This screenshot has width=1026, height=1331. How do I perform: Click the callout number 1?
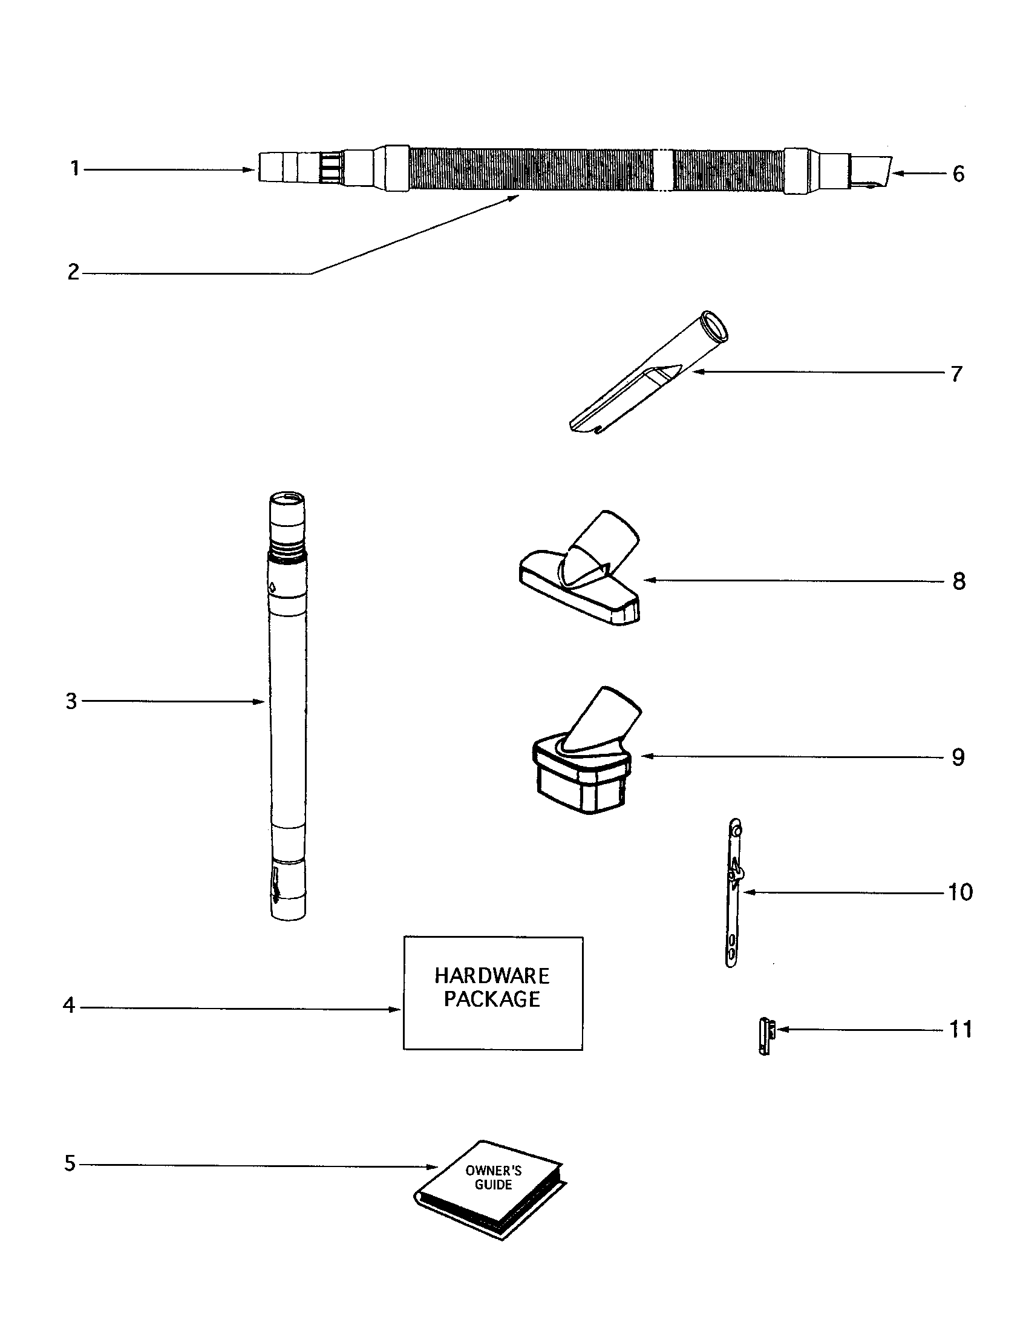coord(75,168)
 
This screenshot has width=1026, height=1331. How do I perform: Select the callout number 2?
coord(73,272)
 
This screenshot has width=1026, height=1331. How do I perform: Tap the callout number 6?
coord(958,174)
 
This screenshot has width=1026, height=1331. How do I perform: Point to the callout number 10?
coord(961,892)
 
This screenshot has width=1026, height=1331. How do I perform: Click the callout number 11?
coord(961,1029)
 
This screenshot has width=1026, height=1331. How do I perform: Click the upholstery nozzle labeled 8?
coord(579,579)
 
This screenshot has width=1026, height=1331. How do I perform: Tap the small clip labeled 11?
coord(765,1035)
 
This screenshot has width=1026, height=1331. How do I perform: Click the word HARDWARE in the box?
coord(492,976)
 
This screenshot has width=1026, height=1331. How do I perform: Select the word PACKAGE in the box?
coord(492,999)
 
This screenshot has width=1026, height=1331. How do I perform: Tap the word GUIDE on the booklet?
coord(493,1185)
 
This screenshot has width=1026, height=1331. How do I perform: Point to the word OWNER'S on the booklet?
coord(493,1170)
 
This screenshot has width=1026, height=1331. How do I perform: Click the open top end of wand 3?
coord(286,500)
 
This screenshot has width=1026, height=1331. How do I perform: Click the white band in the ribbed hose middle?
coord(662,171)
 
